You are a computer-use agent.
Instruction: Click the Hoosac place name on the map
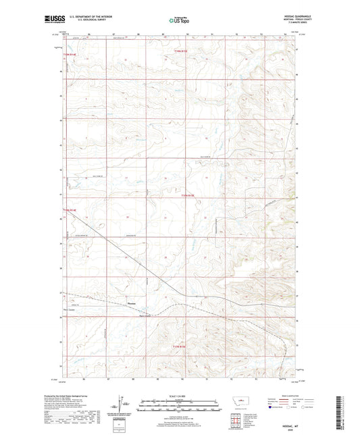click(133, 303)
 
